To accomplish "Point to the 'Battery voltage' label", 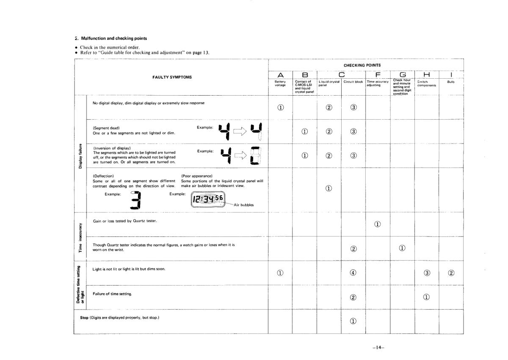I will click(280, 83).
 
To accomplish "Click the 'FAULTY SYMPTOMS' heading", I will click(172, 77).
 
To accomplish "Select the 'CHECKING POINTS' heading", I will click(368, 65).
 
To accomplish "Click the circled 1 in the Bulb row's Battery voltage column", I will click(280, 273).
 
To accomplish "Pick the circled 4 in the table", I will click(353, 273).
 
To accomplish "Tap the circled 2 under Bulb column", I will click(451, 273).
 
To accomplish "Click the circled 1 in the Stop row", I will click(353, 321).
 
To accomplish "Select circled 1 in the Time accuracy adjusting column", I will click(377, 224).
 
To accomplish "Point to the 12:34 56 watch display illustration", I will click(208, 199).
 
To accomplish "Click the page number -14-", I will click(378, 347).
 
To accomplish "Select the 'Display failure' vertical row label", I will click(80, 155).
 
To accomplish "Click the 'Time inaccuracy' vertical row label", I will click(80, 237).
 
